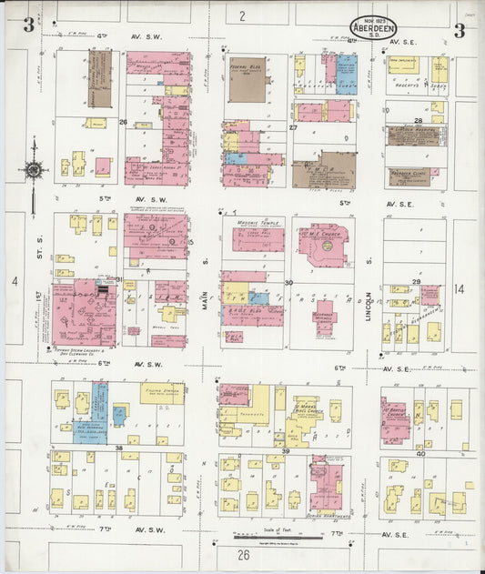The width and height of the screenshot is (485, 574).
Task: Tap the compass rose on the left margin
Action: coord(34,168)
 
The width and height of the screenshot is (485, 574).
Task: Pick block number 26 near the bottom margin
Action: coord(244,554)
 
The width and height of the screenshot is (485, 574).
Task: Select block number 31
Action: coord(117,278)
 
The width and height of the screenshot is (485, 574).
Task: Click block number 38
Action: coord(118,448)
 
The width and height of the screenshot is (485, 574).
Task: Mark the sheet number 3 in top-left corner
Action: coord(29,28)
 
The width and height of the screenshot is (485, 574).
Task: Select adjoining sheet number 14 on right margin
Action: coord(459,288)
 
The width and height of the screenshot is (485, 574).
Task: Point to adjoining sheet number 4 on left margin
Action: coord(15,281)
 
